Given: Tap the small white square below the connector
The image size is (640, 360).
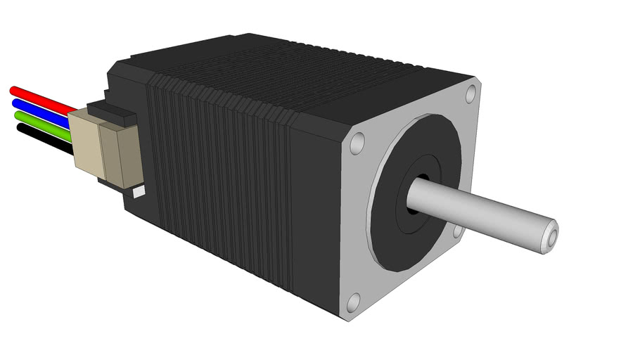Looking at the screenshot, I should [139, 191].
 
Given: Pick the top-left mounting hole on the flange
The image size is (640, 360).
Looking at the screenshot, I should [357, 143].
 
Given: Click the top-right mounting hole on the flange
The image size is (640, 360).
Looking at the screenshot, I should [471, 92].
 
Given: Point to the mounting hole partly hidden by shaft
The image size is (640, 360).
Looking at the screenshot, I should [458, 231].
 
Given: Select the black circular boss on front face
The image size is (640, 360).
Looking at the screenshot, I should [394, 232].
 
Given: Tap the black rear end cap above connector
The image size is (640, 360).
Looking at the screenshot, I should [127, 84].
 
